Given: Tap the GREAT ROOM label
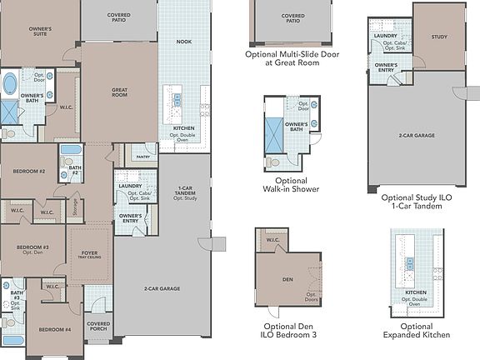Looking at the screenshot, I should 119,92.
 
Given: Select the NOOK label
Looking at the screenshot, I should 184,41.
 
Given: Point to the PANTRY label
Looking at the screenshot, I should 143,156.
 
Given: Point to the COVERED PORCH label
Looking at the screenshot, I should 98,327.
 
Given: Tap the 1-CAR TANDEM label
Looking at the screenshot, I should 184,192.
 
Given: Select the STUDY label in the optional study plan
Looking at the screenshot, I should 440,37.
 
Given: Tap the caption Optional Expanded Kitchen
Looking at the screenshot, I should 416,330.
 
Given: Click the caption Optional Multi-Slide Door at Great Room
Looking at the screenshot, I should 292,58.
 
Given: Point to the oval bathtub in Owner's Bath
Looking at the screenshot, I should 12,84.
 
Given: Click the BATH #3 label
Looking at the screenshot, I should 17,296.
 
